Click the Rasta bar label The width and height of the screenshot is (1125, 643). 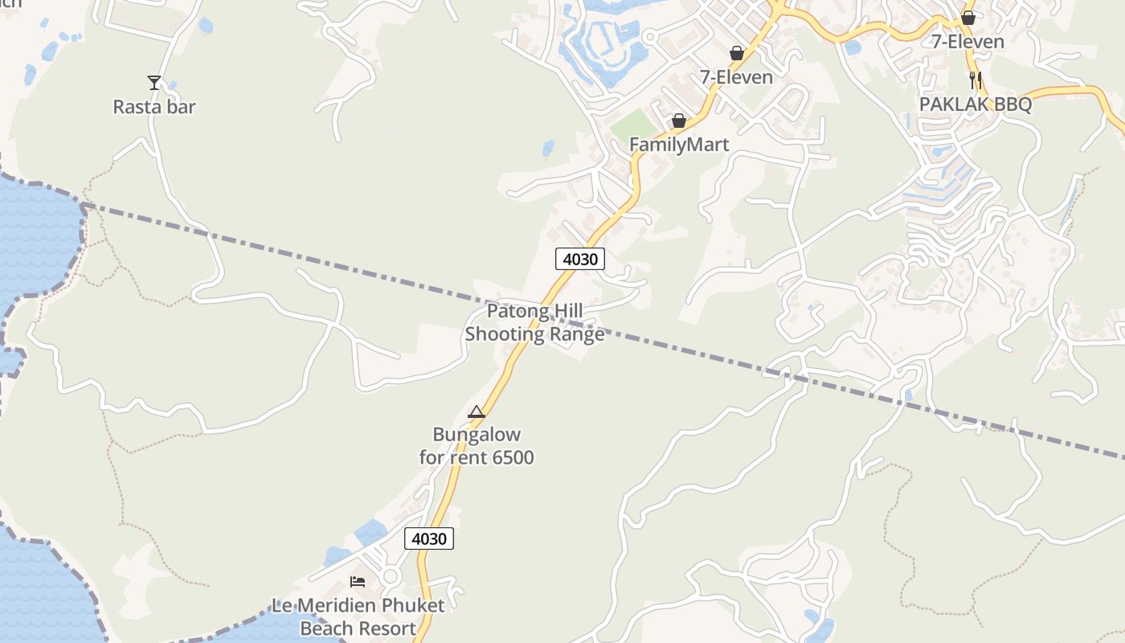pyautogui.click(x=154, y=107)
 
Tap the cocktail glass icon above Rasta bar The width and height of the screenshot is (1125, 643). pyautogui.click(x=154, y=82)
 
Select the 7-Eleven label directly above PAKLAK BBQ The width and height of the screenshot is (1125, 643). pyautogui.click(x=967, y=42)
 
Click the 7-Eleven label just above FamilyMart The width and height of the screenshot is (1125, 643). pyautogui.click(x=736, y=78)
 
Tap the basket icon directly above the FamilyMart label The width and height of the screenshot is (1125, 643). pyautogui.click(x=679, y=121)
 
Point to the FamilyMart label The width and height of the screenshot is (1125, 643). pyautogui.click(x=679, y=145)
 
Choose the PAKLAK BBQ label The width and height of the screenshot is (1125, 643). pyautogui.click(x=976, y=104)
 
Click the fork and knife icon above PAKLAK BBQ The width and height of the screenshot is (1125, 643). pyautogui.click(x=976, y=80)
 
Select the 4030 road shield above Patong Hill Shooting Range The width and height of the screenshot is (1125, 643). pyautogui.click(x=579, y=259)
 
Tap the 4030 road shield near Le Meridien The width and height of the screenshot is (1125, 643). pyautogui.click(x=428, y=539)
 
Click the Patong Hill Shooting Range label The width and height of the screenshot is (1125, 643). pyautogui.click(x=534, y=323)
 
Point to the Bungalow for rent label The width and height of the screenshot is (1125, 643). pyautogui.click(x=477, y=446)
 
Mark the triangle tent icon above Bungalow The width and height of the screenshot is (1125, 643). pyautogui.click(x=477, y=412)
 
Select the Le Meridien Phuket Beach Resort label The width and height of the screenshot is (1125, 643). pyautogui.click(x=358, y=616)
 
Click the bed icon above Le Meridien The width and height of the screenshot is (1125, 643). pyautogui.click(x=358, y=581)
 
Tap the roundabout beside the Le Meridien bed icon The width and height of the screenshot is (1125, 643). pyautogui.click(x=391, y=576)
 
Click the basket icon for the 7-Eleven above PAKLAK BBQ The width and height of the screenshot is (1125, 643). pyautogui.click(x=968, y=17)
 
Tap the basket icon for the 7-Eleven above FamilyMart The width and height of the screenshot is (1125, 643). pyautogui.click(x=736, y=53)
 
